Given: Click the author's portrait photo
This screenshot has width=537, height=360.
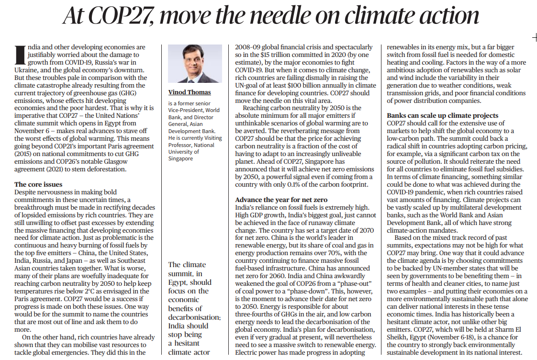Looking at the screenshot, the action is [195, 64].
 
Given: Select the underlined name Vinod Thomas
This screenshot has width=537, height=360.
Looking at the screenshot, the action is [190, 92].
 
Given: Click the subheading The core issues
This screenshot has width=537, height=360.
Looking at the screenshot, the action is [38, 184].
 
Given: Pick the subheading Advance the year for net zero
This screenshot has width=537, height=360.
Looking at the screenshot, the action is [281, 200].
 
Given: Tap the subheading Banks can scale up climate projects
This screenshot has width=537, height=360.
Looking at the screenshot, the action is [443, 115].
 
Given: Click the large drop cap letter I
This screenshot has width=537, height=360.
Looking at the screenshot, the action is [21, 55].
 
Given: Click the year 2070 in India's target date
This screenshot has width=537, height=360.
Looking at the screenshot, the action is [366, 231].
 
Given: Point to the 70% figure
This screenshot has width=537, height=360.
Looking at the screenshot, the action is [335, 253].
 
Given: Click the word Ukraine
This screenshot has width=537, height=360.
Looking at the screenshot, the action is [26, 70].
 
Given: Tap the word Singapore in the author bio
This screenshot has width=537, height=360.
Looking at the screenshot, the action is [180, 158].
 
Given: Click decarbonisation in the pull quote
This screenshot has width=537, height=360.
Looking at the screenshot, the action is [194, 317].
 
